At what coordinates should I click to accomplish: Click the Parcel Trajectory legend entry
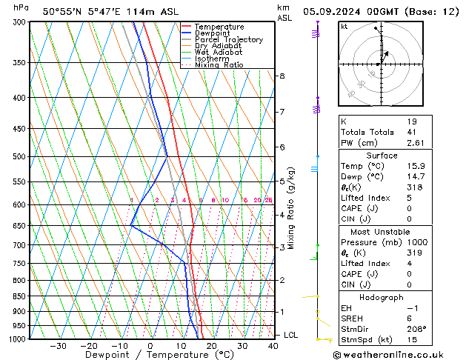[x=228, y=39]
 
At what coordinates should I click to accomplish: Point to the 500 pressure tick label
[x=19, y=157]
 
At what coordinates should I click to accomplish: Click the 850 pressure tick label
[x=19, y=296]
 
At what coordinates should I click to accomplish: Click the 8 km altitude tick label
[x=282, y=76]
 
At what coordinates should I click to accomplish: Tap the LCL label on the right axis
[x=290, y=336]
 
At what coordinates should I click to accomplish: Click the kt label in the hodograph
[x=344, y=27]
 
